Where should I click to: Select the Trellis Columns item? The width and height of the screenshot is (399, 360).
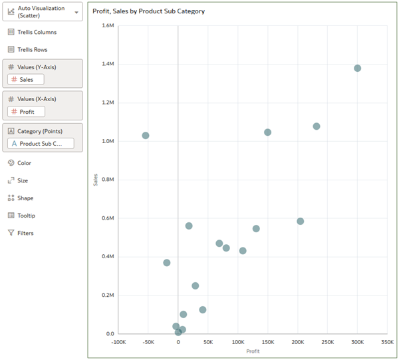coord(36,32)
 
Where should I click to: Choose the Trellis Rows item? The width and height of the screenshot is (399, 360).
coord(32,49)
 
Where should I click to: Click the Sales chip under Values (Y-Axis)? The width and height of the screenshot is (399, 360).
coord(25,80)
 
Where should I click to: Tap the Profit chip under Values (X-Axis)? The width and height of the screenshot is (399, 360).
coord(25,112)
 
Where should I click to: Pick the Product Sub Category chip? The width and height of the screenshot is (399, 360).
coord(40,144)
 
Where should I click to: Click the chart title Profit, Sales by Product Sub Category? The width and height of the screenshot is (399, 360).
coord(148,11)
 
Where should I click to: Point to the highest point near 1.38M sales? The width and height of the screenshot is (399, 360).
coord(357,69)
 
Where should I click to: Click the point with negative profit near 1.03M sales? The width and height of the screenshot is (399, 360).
coord(146,136)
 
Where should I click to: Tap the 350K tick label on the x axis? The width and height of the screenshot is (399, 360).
coord(387,342)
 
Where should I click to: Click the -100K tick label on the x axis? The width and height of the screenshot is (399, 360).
coord(118,342)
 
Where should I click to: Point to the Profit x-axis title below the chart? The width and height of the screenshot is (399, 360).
coord(253,351)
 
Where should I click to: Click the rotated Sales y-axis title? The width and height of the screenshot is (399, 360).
coord(96,180)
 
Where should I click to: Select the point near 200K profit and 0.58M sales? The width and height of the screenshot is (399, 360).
coord(300,222)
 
